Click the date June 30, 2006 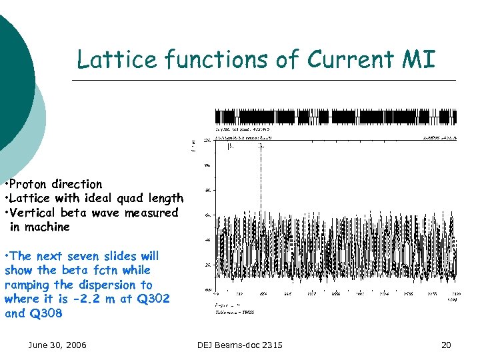[x=57, y=345]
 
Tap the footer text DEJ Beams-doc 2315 [x=240, y=345]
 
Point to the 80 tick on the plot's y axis [x=208, y=191]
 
